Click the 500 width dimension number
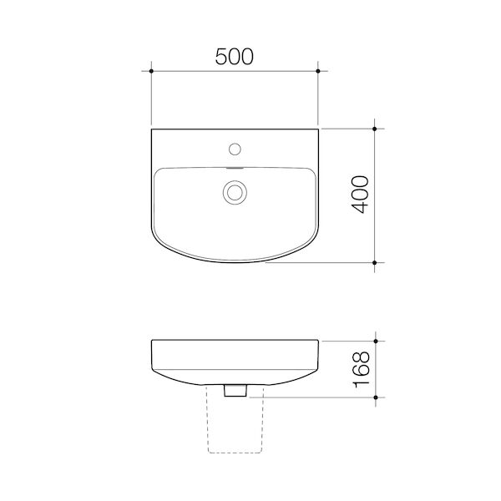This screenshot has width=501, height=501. tap(234, 57)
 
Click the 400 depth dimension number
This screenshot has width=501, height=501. tap(360, 195)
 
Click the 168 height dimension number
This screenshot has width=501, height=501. tap(361, 369)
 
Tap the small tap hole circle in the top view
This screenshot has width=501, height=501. tap(235, 149)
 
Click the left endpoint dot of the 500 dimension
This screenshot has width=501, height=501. tap(151, 71)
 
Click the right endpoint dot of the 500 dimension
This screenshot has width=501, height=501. tap(318, 71)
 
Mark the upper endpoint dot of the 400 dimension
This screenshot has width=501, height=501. tap(375, 129)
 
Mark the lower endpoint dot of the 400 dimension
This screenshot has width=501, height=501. tap(375, 263)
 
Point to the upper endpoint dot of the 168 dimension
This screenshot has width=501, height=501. tap(376, 342)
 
